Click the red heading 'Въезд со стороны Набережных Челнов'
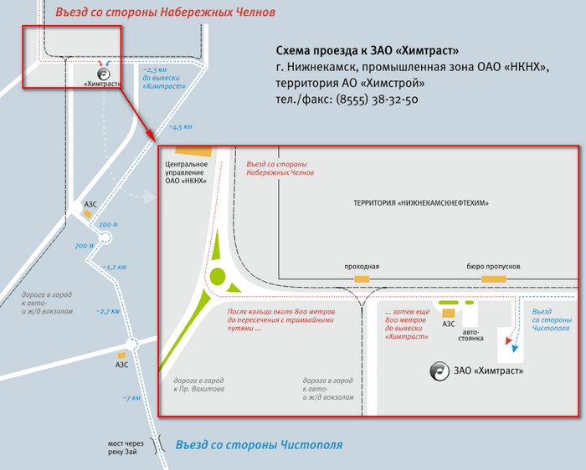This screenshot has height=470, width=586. coord(165,13)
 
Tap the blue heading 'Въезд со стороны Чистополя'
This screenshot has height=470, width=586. coord(260,444)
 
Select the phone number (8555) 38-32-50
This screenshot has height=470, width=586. coord(377,99)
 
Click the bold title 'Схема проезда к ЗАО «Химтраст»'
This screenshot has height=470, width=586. coord(367,51)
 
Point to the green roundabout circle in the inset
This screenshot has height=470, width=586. coord(218,276)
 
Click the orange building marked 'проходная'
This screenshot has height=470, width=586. coord(362,278)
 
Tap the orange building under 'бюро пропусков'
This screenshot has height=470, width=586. coord(493,278)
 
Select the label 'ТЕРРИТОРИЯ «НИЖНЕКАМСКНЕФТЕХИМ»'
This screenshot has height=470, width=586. coord(420,203)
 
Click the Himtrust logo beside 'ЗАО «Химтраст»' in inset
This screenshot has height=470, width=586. coord(437,371)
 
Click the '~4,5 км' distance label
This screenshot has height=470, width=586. coord(180,126)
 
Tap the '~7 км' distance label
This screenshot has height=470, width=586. coord(131,398)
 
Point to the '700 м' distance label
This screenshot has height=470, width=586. coord(85,246)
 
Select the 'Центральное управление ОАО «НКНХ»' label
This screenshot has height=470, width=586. coord(186,173)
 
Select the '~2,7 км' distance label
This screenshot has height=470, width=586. coord(108,311)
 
